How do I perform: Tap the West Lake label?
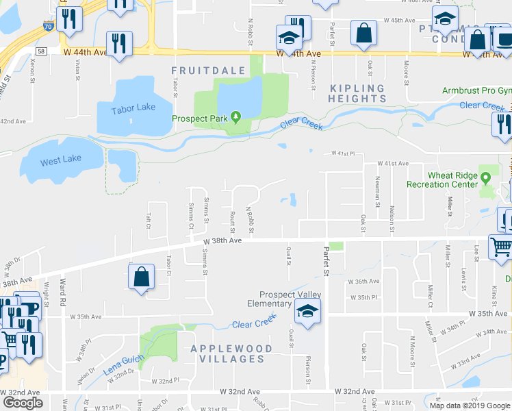coord(60,159)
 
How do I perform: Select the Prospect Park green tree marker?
coord(235,117)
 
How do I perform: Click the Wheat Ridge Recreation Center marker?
coord(487,178)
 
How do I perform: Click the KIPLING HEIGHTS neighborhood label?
coord(357,93)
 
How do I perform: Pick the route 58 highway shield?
coord(42,51)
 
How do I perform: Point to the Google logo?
coord(23,402)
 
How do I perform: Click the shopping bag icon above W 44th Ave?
coord(363,32)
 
